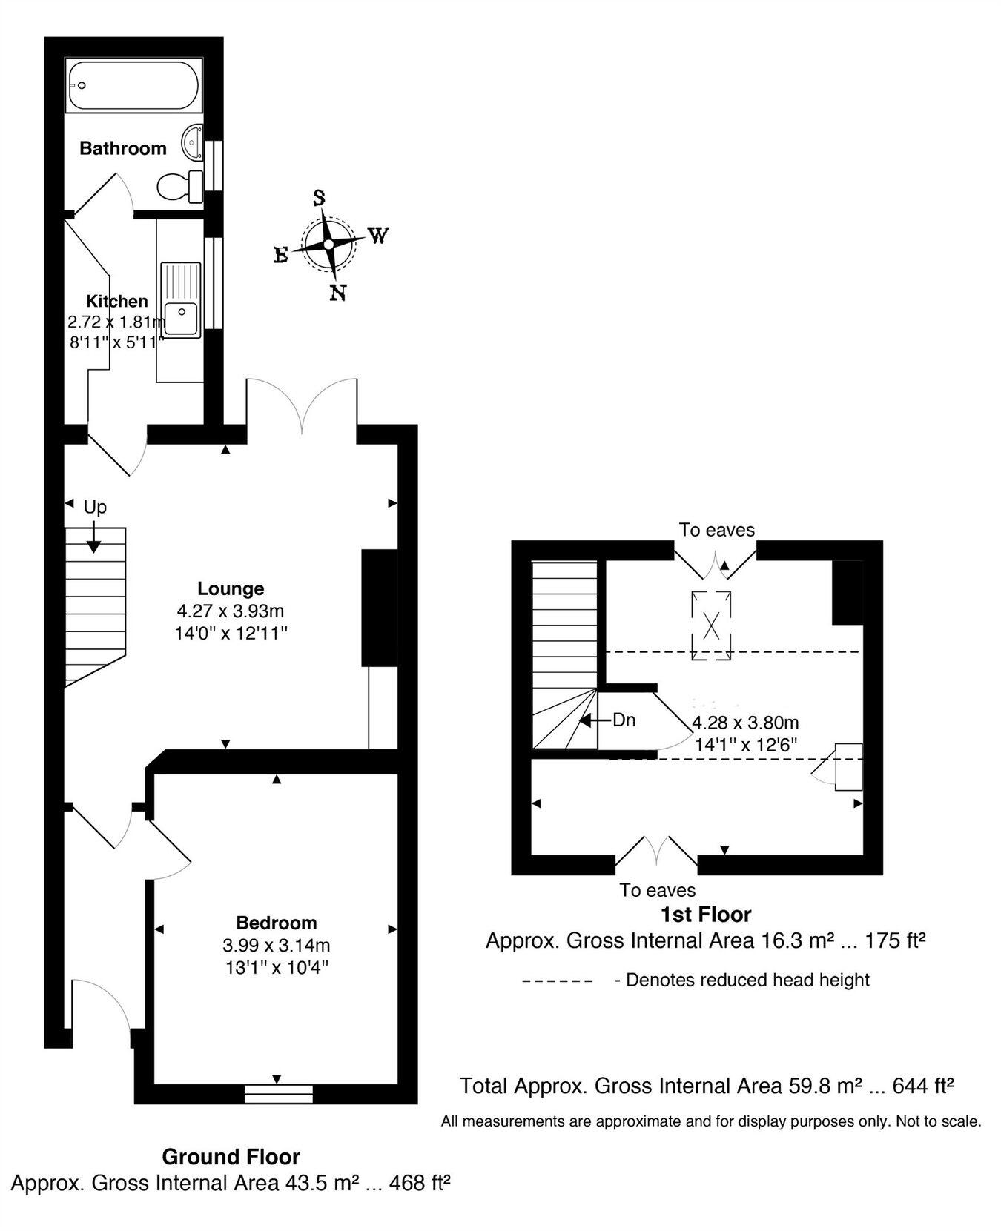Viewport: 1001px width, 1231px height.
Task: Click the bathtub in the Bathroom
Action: tap(133, 86)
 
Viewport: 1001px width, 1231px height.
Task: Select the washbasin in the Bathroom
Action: tap(192, 142)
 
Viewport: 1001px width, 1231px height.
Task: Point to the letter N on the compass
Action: tap(338, 293)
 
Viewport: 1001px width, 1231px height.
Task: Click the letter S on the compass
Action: tap(320, 198)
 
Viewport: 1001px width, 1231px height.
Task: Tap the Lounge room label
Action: tap(231, 588)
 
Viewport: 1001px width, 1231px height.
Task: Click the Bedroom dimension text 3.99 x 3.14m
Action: tap(276, 946)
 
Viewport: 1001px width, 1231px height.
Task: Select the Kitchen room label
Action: tap(117, 301)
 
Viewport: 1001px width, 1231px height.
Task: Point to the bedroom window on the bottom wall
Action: tap(278, 1093)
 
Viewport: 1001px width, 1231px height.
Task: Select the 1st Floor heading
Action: tap(705, 915)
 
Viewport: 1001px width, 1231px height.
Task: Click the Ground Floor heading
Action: tap(231, 1156)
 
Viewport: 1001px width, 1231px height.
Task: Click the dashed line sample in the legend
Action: tap(558, 981)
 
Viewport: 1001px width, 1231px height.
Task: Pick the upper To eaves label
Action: tap(716, 530)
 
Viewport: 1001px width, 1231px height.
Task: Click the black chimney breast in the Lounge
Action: tap(379, 608)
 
